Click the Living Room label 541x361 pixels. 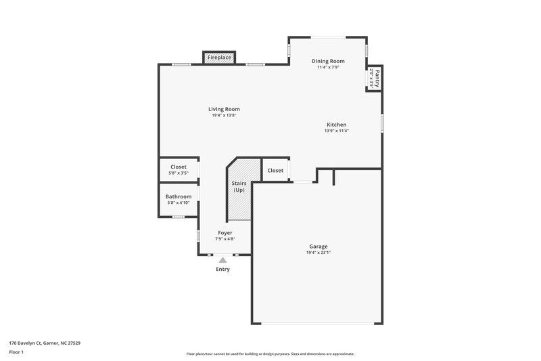click(224, 109)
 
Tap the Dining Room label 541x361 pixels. click(327, 61)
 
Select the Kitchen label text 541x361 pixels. click(336, 125)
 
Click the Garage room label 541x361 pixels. click(318, 247)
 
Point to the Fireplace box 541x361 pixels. click(219, 58)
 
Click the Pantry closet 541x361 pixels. click(374, 79)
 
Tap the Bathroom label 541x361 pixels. click(179, 196)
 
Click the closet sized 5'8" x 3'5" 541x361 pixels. click(179, 169)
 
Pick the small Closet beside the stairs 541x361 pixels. click(275, 171)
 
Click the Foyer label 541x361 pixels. click(225, 233)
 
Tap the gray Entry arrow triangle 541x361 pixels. click(222, 259)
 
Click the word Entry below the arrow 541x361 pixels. click(222, 270)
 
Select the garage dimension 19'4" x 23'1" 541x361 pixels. click(318, 253)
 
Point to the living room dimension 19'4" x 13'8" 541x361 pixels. click(224, 115)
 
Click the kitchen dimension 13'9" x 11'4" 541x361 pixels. click(336, 131)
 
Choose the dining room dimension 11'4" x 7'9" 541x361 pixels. click(327, 67)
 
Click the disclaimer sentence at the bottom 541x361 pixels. click(270, 354)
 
